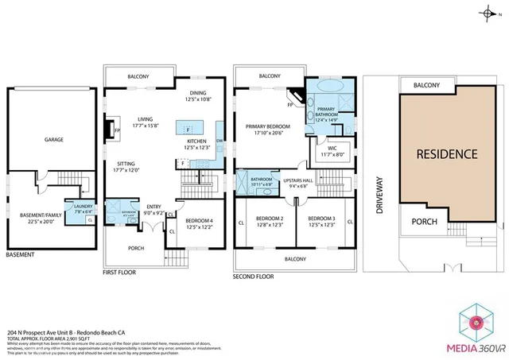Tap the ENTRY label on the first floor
(153, 208)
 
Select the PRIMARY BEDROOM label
(267, 126)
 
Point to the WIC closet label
(333, 147)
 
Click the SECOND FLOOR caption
(253, 277)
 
